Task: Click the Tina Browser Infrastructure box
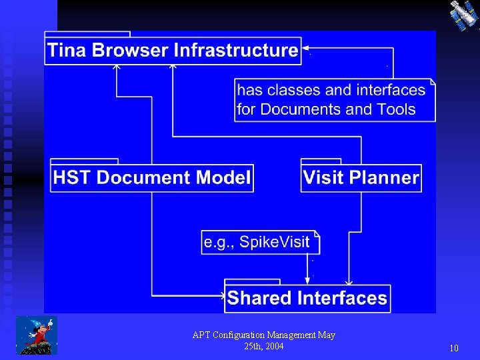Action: tap(173, 50)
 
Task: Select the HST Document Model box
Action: tap(152, 177)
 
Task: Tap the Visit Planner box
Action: tap(361, 177)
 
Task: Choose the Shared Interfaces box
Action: tap(307, 297)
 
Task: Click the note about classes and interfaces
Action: tap(335, 100)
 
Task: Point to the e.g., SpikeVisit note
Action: tap(261, 242)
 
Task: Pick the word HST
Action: tap(73, 177)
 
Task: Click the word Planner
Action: tap(390, 177)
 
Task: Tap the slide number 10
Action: tap(454, 348)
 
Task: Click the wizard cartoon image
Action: tap(37, 335)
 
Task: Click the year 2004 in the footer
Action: tap(273, 346)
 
